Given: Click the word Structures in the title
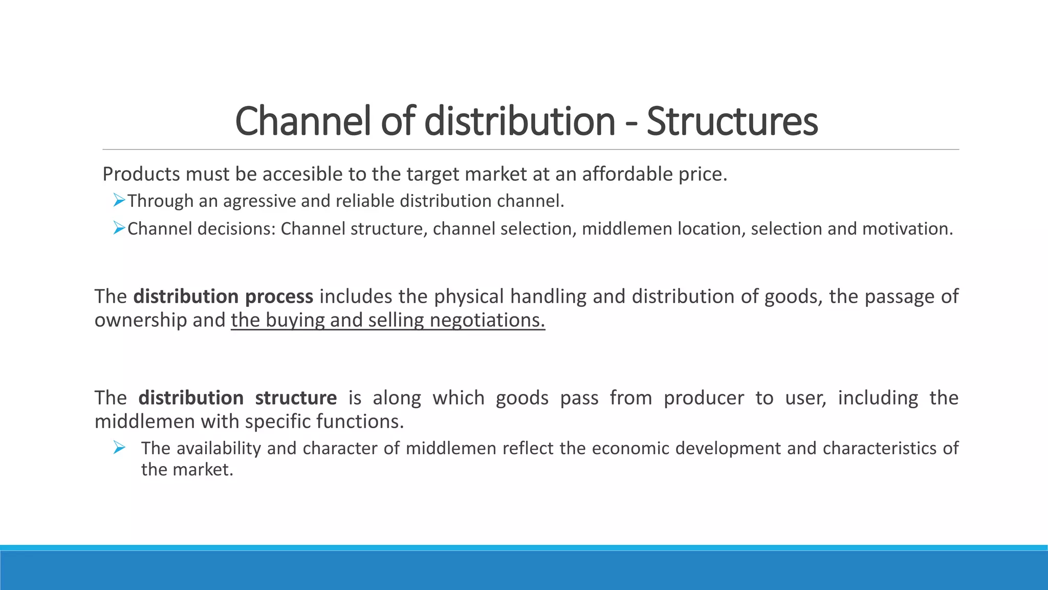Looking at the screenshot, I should pyautogui.click(x=732, y=122).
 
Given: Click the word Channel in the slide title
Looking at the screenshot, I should pyautogui.click(x=302, y=122).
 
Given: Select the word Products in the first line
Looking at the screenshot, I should pyautogui.click(x=141, y=175).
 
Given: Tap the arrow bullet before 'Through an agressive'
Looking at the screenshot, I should pyautogui.click(x=119, y=200).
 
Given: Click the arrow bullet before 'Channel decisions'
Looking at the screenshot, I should pyautogui.click(x=119, y=228).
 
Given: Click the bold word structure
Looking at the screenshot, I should pyautogui.click(x=296, y=398).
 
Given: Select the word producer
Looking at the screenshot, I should pyautogui.click(x=704, y=398).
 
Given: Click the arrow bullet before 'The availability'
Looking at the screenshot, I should pyautogui.click(x=119, y=448).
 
